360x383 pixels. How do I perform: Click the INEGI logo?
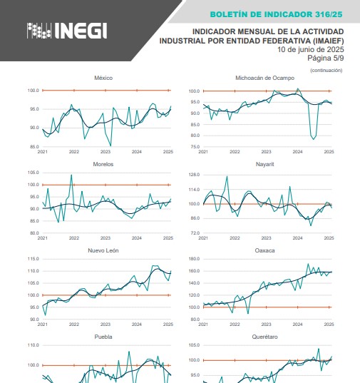coord(67,31)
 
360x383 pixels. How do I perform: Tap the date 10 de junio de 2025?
coord(310,50)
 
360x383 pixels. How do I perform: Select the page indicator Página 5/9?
coord(326,58)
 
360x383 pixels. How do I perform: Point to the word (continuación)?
coord(326,71)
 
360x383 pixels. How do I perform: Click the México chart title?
coord(103,78)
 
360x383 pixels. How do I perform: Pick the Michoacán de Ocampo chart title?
coord(264,78)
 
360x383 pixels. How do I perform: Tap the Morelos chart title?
coord(103,164)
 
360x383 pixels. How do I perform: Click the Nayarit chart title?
coord(264,164)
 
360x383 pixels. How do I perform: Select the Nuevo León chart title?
coord(103,250)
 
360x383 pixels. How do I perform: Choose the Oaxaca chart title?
coord(264,250)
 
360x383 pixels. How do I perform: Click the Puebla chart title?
coord(103,337)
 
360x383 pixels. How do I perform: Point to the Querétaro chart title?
coord(264,337)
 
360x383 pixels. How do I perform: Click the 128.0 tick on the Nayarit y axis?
coord(194,175)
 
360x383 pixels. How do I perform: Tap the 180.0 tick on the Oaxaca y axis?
coord(194,259)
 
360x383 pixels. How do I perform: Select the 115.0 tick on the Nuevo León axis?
coord(34,259)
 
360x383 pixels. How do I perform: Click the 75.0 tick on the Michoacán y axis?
coord(195,147)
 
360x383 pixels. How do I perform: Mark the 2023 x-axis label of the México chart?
coord(106,152)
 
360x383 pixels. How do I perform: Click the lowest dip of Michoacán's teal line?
coord(314,139)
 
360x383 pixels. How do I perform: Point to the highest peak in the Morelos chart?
coord(71,175)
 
